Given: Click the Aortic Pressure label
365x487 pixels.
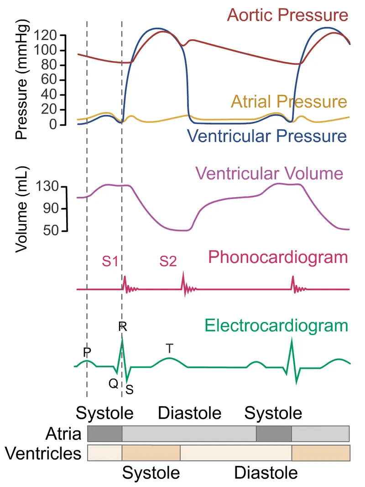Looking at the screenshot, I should pyautogui.click(x=287, y=15).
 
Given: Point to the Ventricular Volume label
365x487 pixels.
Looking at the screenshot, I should pyautogui.click(x=269, y=173).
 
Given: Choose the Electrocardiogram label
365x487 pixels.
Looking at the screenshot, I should pyautogui.click(x=276, y=326).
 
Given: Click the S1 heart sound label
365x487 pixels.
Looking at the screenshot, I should pyautogui.click(x=109, y=262).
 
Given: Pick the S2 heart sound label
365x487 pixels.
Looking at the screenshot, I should pyautogui.click(x=168, y=262).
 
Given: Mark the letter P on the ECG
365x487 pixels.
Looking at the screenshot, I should pyautogui.click(x=87, y=352).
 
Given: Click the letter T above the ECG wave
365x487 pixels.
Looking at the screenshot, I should pyautogui.click(x=169, y=349).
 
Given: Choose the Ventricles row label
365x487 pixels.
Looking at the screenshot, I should pyautogui.click(x=43, y=453).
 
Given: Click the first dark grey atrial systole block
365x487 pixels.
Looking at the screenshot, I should pyautogui.click(x=104, y=433).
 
